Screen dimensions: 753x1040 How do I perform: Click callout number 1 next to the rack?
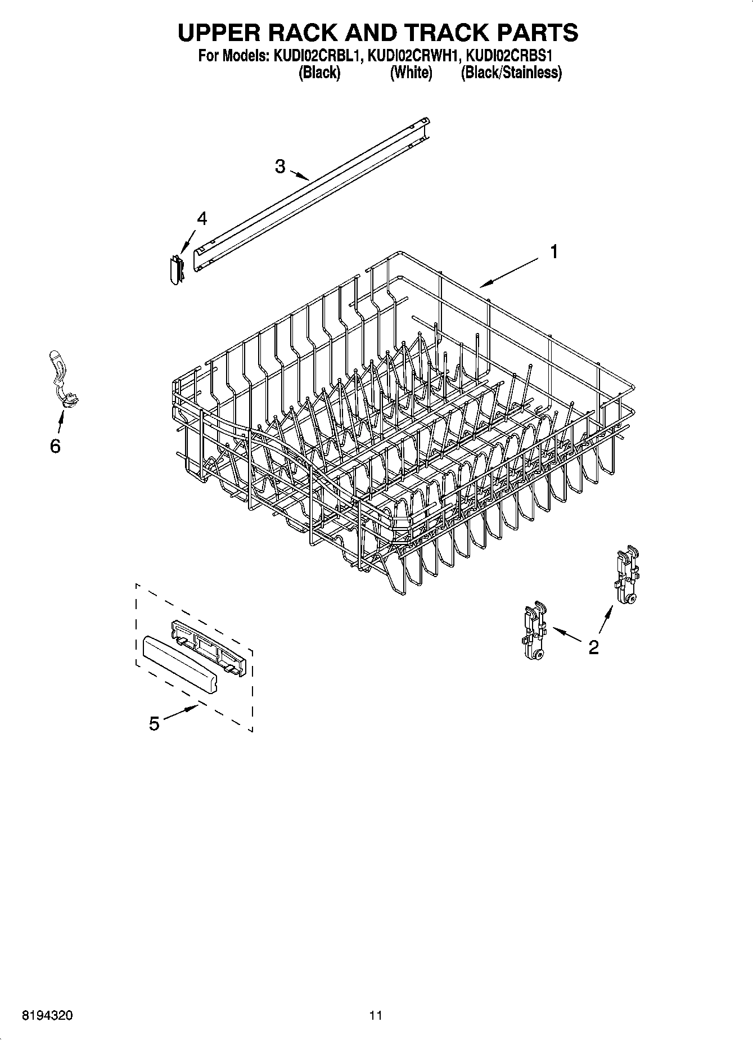coord(554,252)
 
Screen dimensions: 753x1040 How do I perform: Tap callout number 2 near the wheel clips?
coord(593,647)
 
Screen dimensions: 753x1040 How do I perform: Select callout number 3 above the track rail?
coord(279,166)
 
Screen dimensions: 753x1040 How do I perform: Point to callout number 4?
coord(201,219)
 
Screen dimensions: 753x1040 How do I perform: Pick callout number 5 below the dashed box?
coord(154,723)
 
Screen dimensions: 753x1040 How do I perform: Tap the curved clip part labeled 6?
coord(62,377)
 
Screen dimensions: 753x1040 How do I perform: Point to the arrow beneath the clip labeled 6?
coord(60,419)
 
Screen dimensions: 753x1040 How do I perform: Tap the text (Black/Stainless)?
coord(511,73)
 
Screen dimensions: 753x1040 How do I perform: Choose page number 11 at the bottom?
coord(376,1015)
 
